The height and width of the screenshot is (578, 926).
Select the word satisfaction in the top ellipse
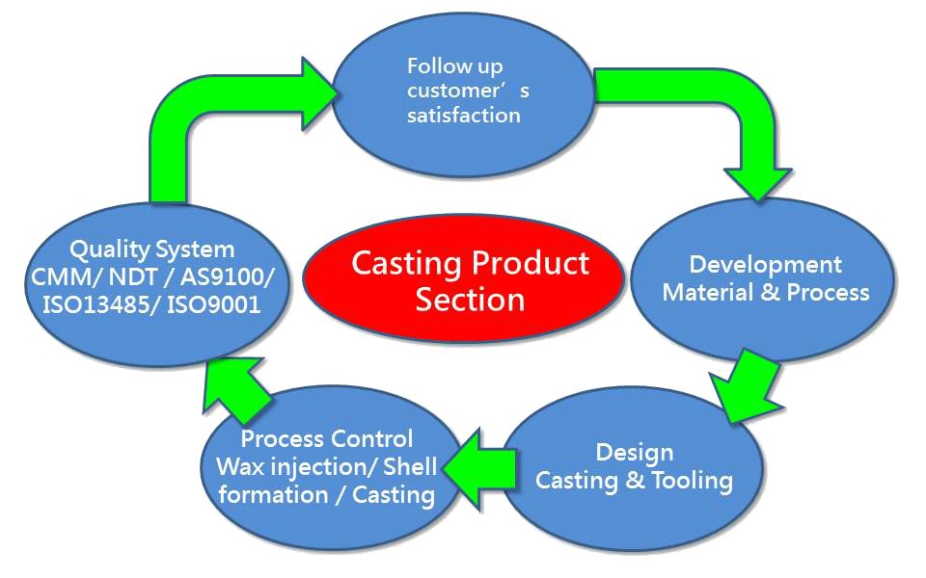463,116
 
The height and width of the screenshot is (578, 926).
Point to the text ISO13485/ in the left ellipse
94,303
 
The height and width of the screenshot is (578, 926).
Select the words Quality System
152,250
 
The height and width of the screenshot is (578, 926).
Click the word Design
634,452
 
